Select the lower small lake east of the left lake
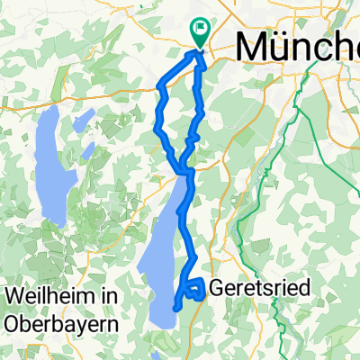click(87, 148)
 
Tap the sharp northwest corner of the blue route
click(160, 87)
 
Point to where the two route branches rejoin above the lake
click(186, 169)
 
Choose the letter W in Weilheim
click(12, 294)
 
